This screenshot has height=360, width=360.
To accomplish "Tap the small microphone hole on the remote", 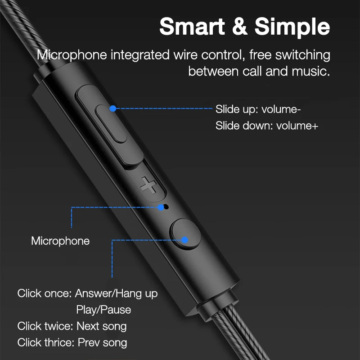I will [x=165, y=207].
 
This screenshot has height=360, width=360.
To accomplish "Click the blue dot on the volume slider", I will [x=113, y=108].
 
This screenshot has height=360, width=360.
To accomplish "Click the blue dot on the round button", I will [x=184, y=239].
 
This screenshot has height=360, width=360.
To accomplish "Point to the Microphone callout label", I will [x=60, y=241].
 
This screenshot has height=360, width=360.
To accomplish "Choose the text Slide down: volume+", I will [x=266, y=126].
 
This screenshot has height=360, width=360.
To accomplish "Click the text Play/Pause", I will [x=103, y=310].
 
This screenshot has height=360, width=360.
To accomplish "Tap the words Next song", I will [x=102, y=326].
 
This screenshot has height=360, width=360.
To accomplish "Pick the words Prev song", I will [x=103, y=342].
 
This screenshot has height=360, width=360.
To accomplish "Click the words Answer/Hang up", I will [x=116, y=293].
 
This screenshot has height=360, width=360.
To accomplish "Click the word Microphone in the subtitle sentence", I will [x=72, y=55].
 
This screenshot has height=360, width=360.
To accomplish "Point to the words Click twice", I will [x=44, y=326].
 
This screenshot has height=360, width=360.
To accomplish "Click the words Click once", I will [x=44, y=293].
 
